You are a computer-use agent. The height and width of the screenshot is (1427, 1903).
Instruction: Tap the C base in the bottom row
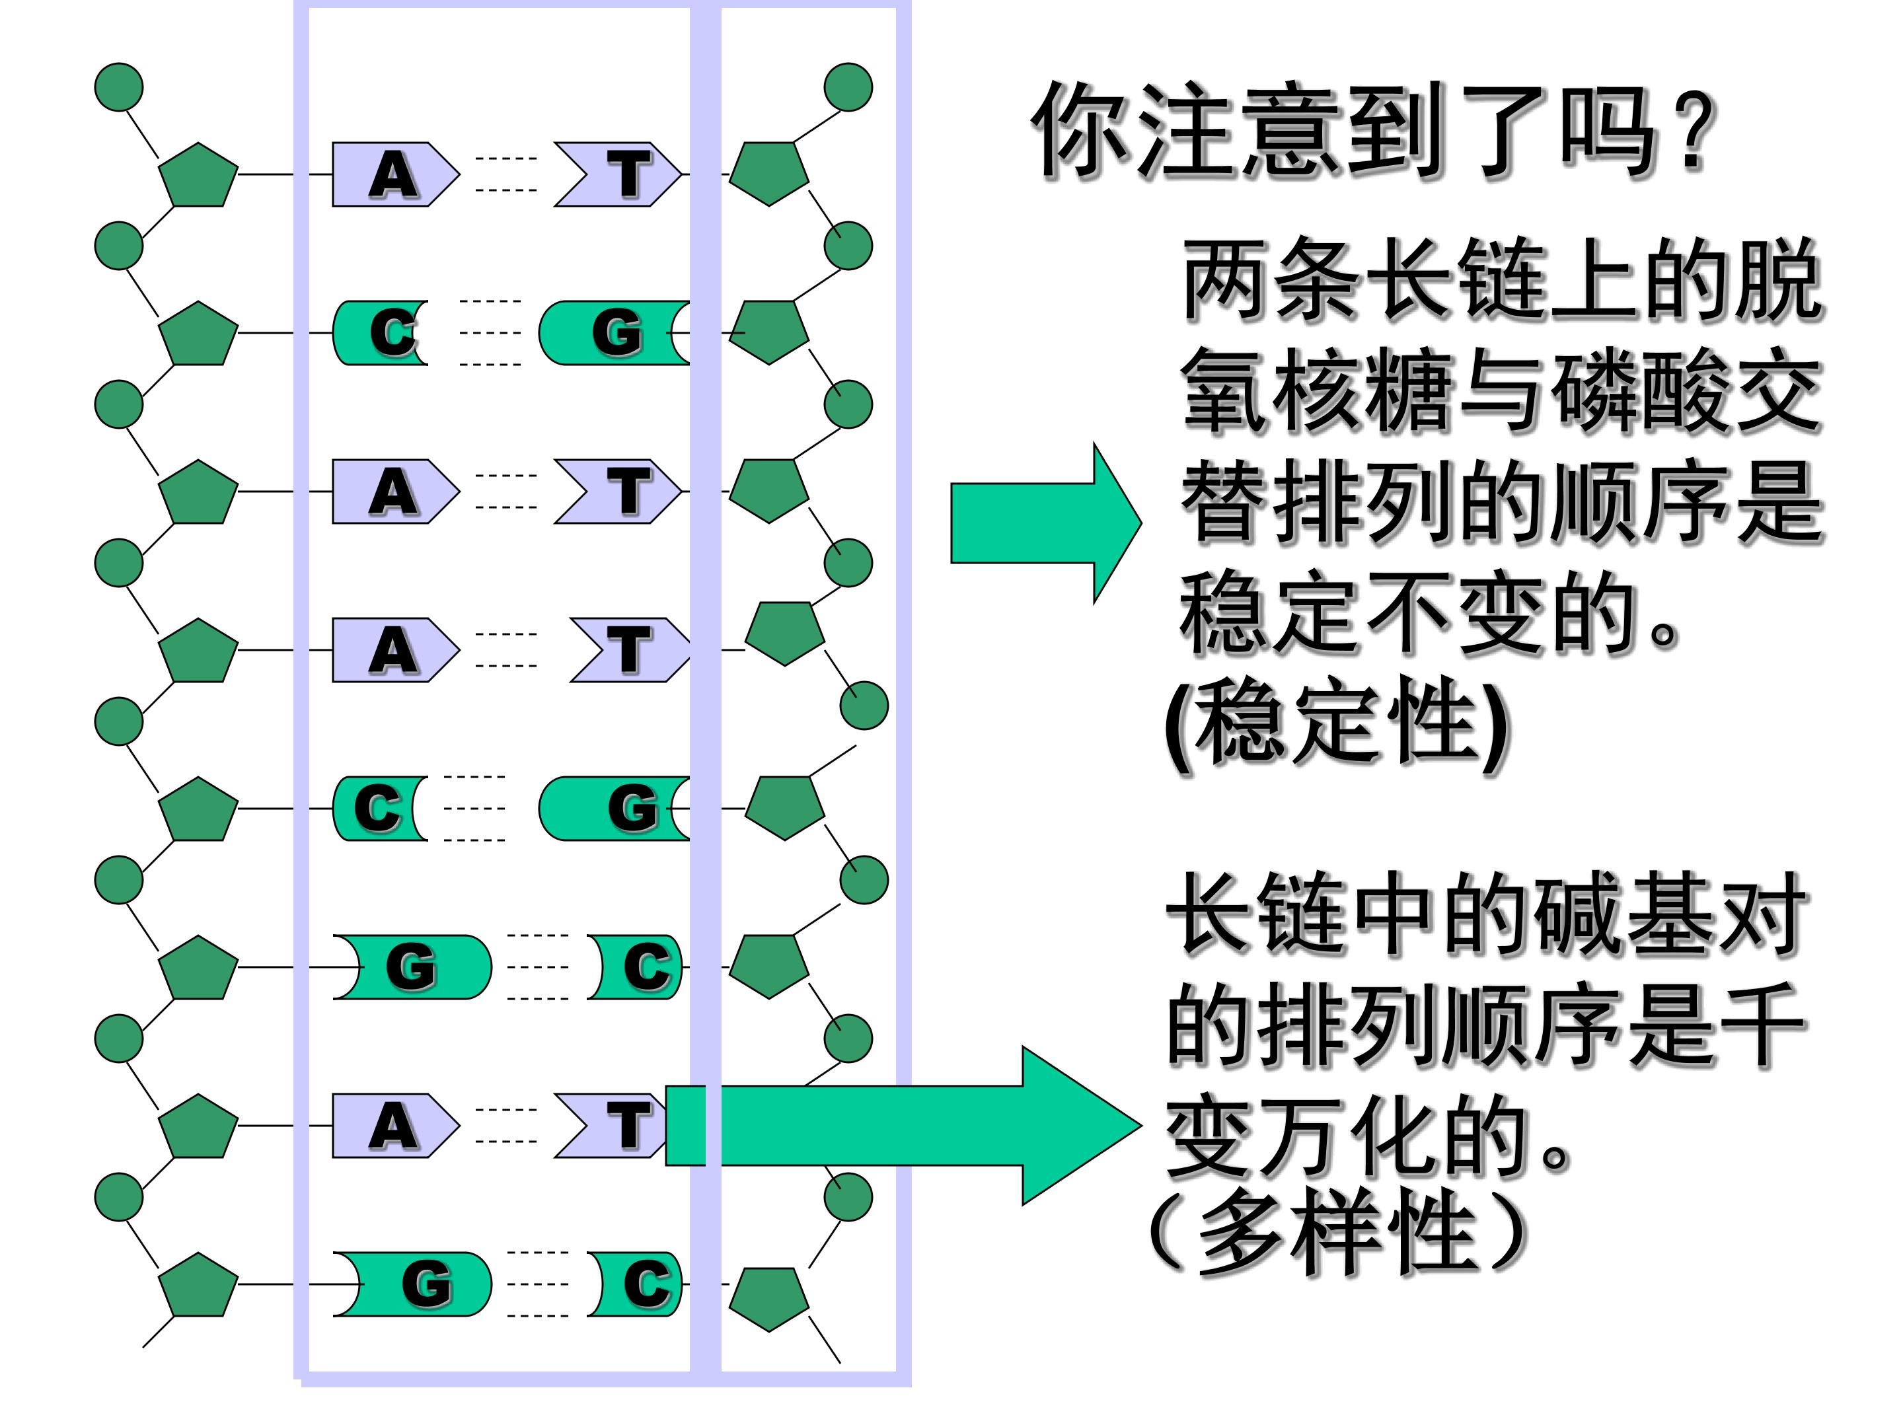pos(641,1284)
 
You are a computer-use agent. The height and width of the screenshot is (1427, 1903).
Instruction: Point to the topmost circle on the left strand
pos(119,87)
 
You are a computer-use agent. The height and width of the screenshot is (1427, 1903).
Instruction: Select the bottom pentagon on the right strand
pos(768,1297)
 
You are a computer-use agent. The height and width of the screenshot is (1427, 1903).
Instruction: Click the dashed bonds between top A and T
pos(506,174)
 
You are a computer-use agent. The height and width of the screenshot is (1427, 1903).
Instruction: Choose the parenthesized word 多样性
pos(1338,1231)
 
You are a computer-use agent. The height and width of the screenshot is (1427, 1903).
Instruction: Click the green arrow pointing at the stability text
pos(1045,523)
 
